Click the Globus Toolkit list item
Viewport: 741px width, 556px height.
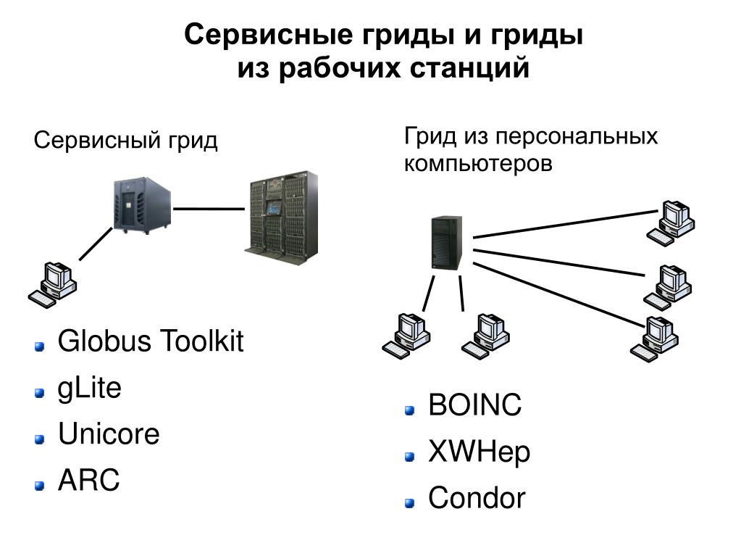(151, 341)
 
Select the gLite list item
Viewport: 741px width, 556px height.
(90, 389)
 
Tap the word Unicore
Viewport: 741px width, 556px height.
(109, 435)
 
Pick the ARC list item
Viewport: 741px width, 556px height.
(88, 481)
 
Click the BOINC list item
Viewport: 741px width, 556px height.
(474, 406)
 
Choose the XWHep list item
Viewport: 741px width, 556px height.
(479, 452)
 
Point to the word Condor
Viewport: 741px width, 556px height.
(477, 499)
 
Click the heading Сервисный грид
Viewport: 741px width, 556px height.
(126, 140)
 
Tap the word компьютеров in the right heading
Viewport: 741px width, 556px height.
(478, 163)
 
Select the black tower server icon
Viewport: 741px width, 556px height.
(444, 243)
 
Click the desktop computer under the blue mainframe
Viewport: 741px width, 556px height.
(53, 283)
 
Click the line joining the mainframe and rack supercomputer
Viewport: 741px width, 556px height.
(208, 209)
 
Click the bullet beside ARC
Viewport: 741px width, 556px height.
(39, 484)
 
